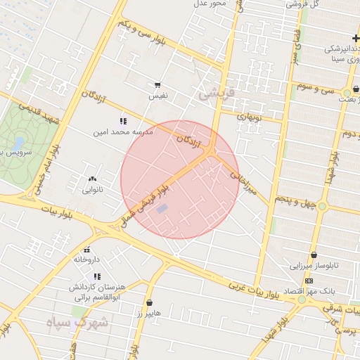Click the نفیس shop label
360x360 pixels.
[x=157, y=94]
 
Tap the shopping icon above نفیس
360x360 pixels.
[x=157, y=84]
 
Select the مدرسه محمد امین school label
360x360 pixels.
[x=122, y=131]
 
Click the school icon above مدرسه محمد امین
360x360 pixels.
[x=123, y=121]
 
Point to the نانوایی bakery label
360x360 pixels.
[x=93, y=189]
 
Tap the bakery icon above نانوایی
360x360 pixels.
[x=93, y=179]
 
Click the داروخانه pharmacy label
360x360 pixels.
[x=87, y=259]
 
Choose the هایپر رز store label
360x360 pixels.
[x=149, y=312]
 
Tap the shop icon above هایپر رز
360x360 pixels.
[x=150, y=302]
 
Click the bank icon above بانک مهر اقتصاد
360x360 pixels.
[x=309, y=281]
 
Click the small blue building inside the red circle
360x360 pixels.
[x=162, y=209]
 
